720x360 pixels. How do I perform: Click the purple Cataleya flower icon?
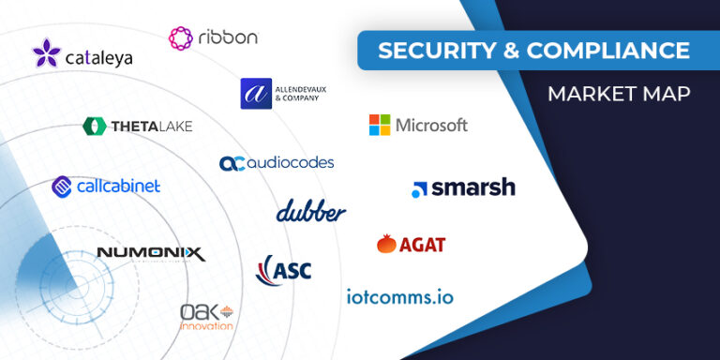point(46,52)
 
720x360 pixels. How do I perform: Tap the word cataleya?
point(98,58)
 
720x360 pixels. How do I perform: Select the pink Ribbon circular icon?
point(181,37)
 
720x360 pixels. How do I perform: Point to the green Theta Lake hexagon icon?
point(94,126)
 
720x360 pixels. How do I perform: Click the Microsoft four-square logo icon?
point(380,125)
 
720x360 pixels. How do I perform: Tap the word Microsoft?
point(431,125)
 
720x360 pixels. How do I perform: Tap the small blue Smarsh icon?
point(419,189)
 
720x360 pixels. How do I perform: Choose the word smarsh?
point(473,187)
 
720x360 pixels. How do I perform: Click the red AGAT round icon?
point(386,245)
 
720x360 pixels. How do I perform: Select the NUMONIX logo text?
point(150,253)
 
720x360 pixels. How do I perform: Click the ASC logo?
point(283,270)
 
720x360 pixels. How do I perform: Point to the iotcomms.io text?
point(399,297)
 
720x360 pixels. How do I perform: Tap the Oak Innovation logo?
point(206,316)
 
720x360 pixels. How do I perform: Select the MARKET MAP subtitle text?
point(606,94)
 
